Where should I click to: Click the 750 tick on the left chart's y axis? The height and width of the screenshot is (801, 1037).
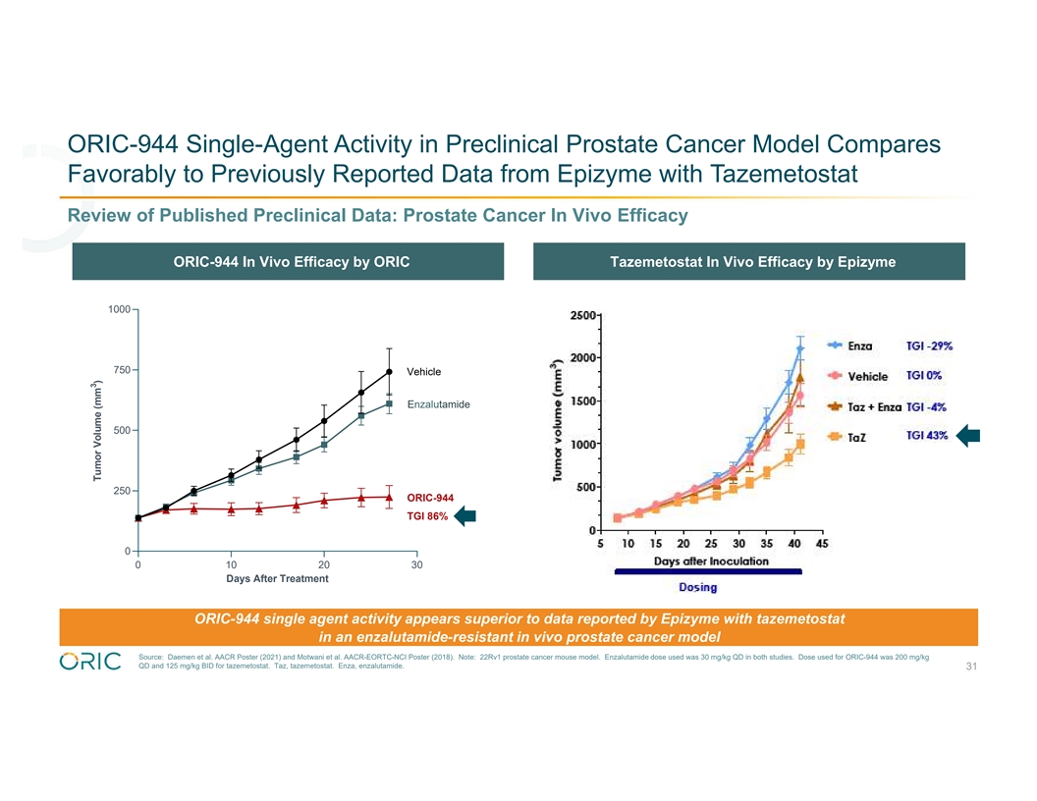pyautogui.click(x=121, y=370)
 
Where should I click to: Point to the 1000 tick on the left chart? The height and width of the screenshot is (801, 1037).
pyautogui.click(x=119, y=310)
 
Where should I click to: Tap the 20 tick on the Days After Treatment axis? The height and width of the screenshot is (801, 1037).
pyautogui.click(x=324, y=564)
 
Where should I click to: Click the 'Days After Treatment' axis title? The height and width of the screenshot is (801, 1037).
pyautogui.click(x=277, y=578)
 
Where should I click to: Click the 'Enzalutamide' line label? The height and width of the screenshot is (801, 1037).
pyautogui.click(x=438, y=404)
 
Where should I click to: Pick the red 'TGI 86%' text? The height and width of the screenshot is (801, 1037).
pyautogui.click(x=427, y=516)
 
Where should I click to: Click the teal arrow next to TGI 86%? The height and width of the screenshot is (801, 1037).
pyautogui.click(x=464, y=516)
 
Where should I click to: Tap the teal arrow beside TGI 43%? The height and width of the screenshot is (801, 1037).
pyautogui.click(x=967, y=436)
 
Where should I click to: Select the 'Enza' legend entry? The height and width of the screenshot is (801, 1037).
pyautogui.click(x=862, y=346)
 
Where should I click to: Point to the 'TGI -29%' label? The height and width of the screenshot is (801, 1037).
pyautogui.click(x=929, y=346)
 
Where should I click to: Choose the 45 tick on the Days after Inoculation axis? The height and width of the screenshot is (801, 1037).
pyautogui.click(x=822, y=545)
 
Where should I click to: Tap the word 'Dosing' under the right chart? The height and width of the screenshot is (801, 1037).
pyautogui.click(x=697, y=588)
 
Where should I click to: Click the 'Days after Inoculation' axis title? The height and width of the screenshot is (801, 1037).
pyautogui.click(x=712, y=561)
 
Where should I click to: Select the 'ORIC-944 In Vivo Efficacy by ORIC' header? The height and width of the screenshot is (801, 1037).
pyautogui.click(x=292, y=262)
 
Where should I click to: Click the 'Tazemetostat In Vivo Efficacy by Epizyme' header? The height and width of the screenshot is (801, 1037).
pyautogui.click(x=752, y=262)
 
